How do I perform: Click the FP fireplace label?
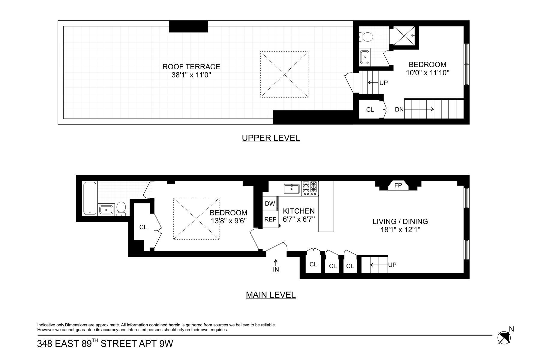[398, 185]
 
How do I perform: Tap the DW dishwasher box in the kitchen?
[270, 203]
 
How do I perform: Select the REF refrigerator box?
[270, 219]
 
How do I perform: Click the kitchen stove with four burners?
[310, 188]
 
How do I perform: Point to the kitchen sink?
[292, 189]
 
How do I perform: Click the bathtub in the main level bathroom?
[89, 198]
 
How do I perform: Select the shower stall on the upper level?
[404, 36]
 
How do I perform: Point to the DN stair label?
[399, 109]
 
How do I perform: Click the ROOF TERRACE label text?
[191, 67]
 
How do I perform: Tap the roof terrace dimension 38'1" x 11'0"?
[191, 75]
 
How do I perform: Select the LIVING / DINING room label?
[400, 221]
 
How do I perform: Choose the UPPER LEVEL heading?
[271, 138]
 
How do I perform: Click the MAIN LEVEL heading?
[271, 295]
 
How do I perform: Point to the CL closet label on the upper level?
[370, 109]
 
